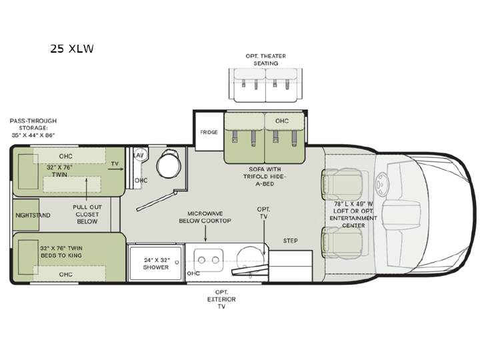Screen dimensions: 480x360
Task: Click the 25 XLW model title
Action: coord(72,49)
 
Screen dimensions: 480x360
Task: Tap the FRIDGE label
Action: coord(209,132)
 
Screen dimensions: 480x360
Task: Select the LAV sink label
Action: coord(139,155)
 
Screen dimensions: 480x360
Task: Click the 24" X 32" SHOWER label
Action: coord(156,263)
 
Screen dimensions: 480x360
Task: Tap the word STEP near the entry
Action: coord(290,241)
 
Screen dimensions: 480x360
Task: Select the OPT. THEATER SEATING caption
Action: coord(266,60)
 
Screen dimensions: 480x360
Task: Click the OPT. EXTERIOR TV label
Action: coord(221,299)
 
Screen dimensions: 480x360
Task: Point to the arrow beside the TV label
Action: coord(116,169)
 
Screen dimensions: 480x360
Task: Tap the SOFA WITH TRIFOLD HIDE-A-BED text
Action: coord(265,176)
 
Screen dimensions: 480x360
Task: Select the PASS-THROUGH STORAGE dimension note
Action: coord(33,128)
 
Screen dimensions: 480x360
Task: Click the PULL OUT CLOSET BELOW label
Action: coord(87,214)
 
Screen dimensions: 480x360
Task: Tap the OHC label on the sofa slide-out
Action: coord(281,121)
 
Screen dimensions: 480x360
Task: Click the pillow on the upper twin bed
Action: coord(28,172)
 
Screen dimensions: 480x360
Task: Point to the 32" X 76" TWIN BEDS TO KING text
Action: coord(61,251)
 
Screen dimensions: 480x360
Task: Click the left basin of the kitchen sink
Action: coord(201,260)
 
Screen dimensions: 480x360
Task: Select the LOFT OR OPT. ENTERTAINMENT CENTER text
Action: coord(353,218)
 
